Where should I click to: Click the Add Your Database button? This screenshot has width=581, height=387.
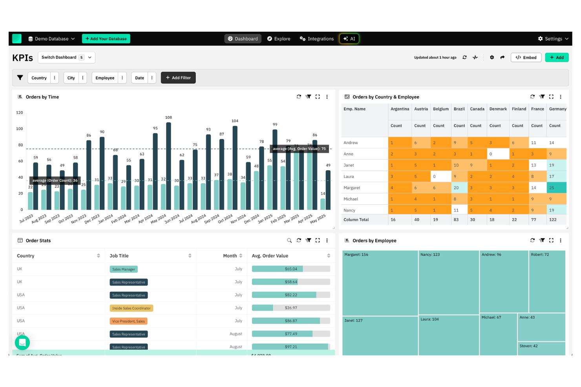(106, 39)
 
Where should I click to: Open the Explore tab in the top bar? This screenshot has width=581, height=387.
(279, 39)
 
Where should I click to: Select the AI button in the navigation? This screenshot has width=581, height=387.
(349, 39)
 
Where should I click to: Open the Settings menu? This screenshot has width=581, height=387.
(553, 39)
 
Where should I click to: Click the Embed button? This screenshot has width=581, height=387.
(526, 58)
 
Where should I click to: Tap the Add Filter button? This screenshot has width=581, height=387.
(178, 78)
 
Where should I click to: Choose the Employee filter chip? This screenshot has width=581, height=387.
(105, 78)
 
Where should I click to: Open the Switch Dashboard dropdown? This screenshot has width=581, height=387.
(66, 58)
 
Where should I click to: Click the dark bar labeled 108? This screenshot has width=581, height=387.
(168, 165)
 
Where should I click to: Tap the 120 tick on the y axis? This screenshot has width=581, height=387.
(19, 113)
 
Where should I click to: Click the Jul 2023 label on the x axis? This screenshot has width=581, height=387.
(26, 218)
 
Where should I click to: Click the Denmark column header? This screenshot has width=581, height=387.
(498, 109)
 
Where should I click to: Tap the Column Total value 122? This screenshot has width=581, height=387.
(553, 220)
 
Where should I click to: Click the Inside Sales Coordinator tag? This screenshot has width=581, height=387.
(131, 308)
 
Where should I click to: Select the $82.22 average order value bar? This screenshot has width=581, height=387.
(291, 295)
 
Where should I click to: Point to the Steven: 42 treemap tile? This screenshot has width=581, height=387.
(541, 348)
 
